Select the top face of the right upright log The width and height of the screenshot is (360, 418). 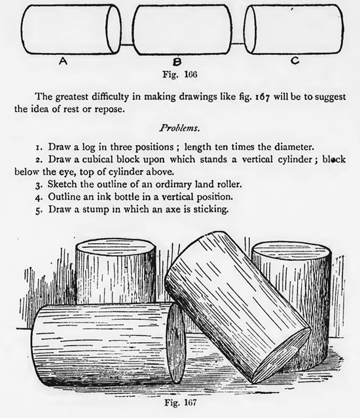tap(292, 250)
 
